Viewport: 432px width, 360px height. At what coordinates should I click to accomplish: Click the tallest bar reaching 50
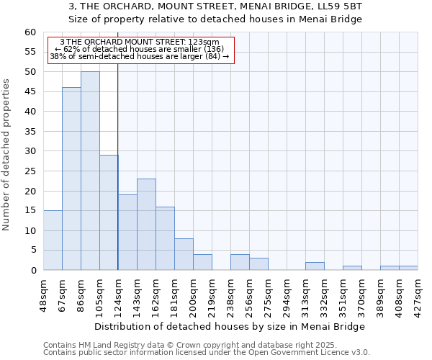coord(90,171)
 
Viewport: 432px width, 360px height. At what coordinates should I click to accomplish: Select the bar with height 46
coord(71,179)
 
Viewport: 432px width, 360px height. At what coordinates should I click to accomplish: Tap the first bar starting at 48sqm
coord(53,240)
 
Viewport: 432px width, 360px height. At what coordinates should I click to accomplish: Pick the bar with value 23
coord(146,224)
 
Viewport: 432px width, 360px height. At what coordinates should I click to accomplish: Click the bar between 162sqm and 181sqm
coord(165,238)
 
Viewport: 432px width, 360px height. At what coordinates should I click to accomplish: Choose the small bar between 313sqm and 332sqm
coord(315,266)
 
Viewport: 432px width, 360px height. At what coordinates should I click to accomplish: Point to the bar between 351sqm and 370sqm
coord(352,268)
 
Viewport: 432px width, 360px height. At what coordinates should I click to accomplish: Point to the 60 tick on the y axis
coord(30,32)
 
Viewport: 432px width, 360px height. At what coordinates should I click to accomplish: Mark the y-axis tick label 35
coord(30,132)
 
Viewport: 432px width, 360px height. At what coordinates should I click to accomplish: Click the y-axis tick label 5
coord(32,251)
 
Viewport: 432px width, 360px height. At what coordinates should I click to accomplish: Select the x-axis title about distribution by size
coord(230,326)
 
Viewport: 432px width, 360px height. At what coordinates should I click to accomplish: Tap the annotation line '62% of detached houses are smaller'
coord(141,49)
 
